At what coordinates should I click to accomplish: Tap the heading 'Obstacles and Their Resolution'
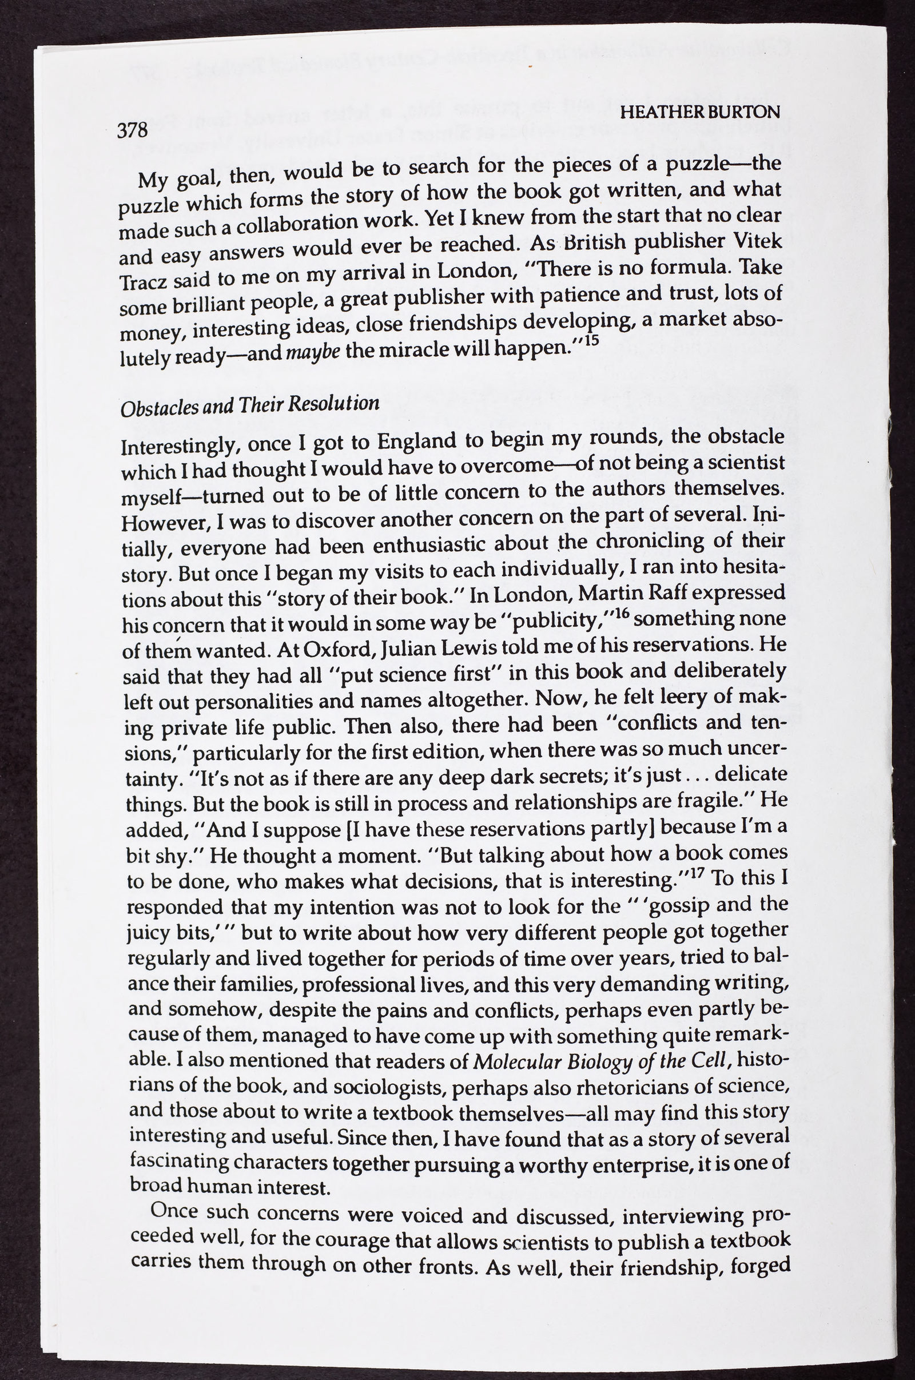[249, 404]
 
